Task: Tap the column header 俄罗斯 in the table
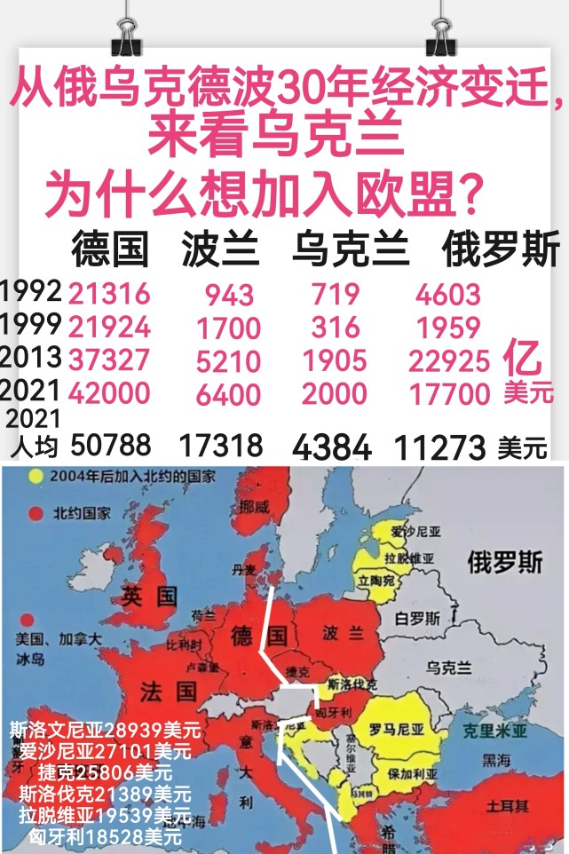point(501,250)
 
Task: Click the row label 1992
point(30,291)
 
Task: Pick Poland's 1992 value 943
point(229,295)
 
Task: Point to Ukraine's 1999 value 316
point(336,328)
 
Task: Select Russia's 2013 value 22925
point(449,360)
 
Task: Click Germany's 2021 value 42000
point(109,392)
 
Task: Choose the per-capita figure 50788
point(110,445)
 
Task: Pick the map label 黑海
point(495,760)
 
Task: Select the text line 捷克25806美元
point(105,771)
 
